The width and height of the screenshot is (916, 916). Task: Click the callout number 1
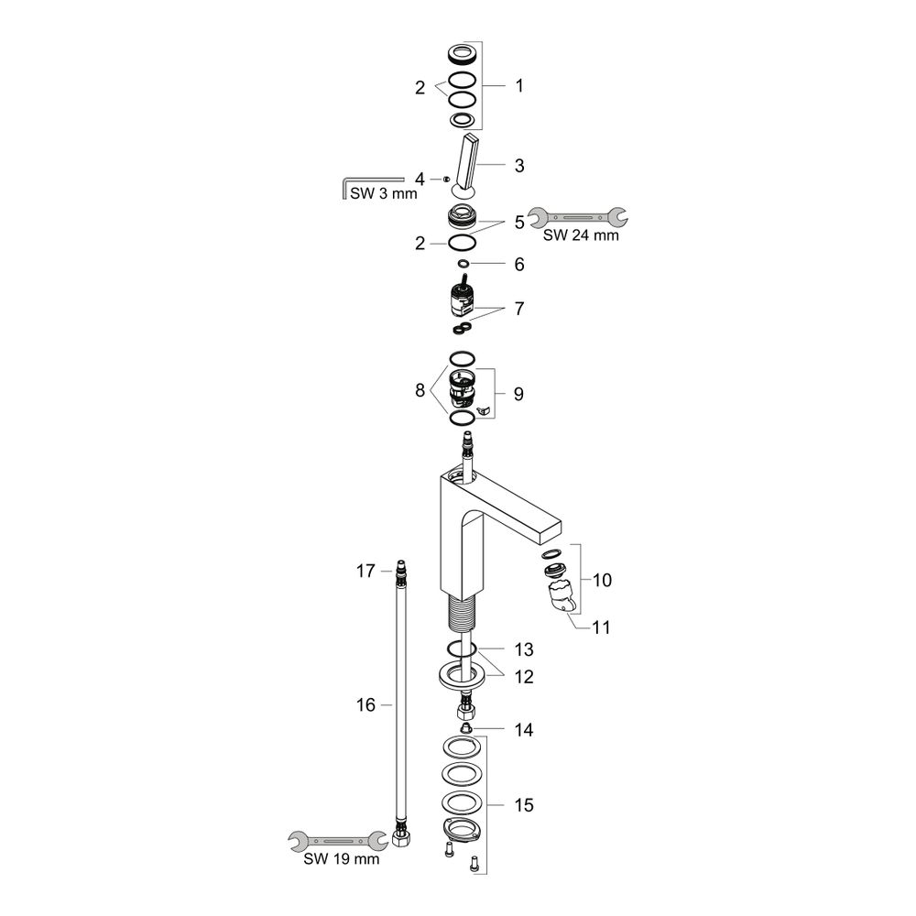pos(518,86)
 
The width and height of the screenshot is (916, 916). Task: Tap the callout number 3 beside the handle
pos(519,165)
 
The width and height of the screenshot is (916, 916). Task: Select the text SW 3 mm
pos(384,193)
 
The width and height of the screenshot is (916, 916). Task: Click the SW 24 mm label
pos(581,234)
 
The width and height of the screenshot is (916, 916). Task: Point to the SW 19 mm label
pos(341,859)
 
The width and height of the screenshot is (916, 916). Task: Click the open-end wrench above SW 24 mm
pos(578,217)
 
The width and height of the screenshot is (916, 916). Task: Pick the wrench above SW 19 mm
pos(338,841)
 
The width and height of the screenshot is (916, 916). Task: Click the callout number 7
pos(519,309)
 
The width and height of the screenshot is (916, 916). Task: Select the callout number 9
pos(518,394)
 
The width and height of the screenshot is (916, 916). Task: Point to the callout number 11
pos(601,627)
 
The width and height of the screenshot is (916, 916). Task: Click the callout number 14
pos(524,730)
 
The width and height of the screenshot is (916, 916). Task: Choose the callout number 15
pos(524,805)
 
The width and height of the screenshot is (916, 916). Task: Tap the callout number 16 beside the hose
pos(365,705)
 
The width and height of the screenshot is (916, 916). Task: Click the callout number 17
pos(365,571)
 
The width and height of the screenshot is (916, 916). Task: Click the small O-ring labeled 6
pos(463,264)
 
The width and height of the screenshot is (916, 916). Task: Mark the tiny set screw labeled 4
pos(446,179)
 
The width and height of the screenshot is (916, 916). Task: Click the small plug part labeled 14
pos(465,728)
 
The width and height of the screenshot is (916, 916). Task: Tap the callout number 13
pos(524,649)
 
